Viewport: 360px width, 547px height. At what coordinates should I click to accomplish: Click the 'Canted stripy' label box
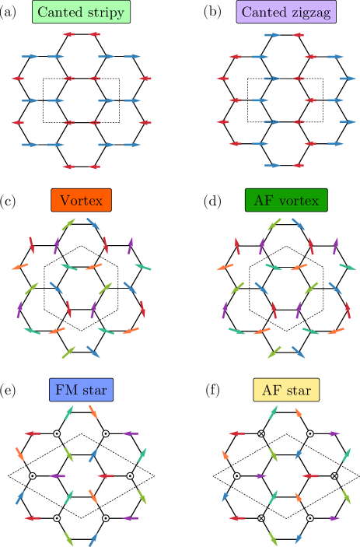pos(82,12)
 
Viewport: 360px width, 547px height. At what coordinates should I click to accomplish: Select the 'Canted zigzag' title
pos(286,12)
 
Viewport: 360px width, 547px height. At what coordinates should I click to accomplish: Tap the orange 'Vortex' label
pos(82,200)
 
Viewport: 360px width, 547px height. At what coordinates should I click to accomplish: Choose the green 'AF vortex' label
pos(286,200)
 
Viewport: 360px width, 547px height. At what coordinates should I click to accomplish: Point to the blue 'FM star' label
pos(82,390)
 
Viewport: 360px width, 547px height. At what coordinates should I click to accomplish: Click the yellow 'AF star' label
pos(286,390)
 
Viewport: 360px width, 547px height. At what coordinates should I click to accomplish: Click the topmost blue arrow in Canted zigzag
pos(273,35)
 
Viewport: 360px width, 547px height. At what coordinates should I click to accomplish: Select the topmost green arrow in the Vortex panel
pos(69,224)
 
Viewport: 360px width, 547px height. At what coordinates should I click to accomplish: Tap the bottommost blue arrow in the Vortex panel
pos(93,352)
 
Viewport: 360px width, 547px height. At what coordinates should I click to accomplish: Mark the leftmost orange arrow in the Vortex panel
pos(20,267)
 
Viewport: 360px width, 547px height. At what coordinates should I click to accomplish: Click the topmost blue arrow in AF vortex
pos(299,224)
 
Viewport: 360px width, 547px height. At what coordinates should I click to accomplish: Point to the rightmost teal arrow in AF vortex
pos(348,267)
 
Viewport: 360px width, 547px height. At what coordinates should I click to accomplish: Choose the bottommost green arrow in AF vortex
pos(274,352)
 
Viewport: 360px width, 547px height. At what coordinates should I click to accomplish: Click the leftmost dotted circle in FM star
pos(33,475)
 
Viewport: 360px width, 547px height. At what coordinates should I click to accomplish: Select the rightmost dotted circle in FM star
pos(130,475)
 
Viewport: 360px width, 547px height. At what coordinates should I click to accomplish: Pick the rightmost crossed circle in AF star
pos(334,475)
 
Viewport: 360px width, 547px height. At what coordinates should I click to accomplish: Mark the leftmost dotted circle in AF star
pos(237,475)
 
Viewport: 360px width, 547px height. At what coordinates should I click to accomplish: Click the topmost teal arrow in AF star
pos(274,412)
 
